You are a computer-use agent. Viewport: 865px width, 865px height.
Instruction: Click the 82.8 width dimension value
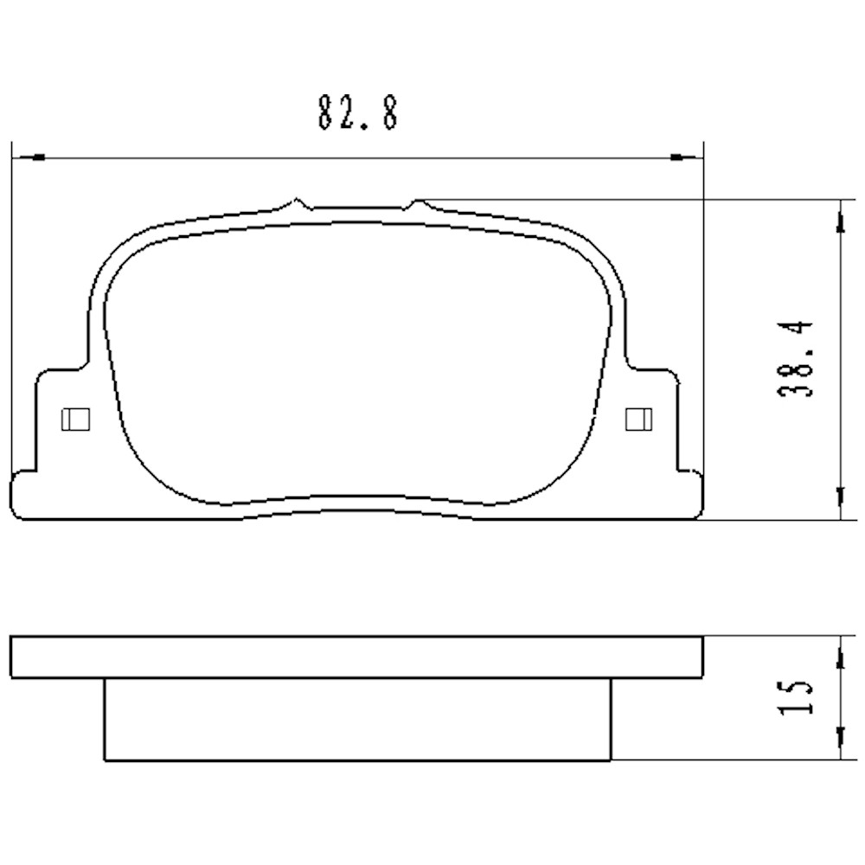pos(357,112)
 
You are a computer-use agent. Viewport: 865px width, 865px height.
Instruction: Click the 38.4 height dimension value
pos(795,358)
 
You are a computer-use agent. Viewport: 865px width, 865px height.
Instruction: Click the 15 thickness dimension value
pos(795,697)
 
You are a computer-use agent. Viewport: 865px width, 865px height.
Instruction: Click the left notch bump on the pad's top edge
pos(298,203)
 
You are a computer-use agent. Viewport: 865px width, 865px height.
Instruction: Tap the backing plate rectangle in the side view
pos(357,657)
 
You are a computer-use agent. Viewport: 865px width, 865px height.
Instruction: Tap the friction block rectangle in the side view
pos(357,720)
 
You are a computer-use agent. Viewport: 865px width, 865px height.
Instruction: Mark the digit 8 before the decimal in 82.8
pos(327,112)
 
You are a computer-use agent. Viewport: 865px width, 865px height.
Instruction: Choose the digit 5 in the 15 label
pos(795,684)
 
